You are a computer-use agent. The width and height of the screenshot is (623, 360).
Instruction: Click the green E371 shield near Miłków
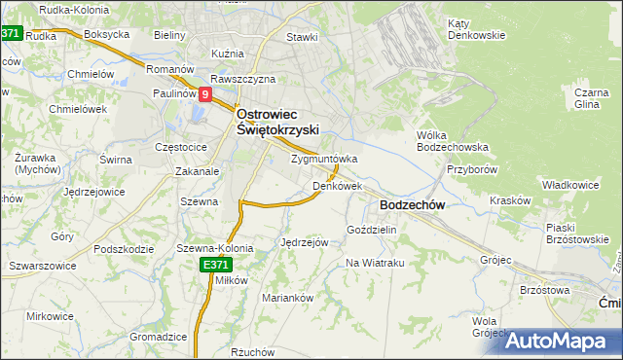pos(215,265)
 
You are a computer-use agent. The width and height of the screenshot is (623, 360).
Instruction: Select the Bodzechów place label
pos(412,205)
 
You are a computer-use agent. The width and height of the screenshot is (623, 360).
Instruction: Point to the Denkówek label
pos(337,185)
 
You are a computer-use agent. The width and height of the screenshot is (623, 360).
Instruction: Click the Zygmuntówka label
pos(324,159)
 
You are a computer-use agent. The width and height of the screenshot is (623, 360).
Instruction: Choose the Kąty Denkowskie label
pos(476,29)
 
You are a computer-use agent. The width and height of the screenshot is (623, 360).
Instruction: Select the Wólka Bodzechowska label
pos(452,141)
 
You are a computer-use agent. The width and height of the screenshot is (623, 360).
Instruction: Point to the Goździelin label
pos(371,230)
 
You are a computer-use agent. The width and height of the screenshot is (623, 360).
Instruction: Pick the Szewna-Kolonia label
pos(214,248)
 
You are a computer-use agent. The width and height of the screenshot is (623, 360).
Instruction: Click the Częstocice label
pos(181,146)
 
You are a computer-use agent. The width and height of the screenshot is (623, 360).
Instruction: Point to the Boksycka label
pos(107,34)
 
